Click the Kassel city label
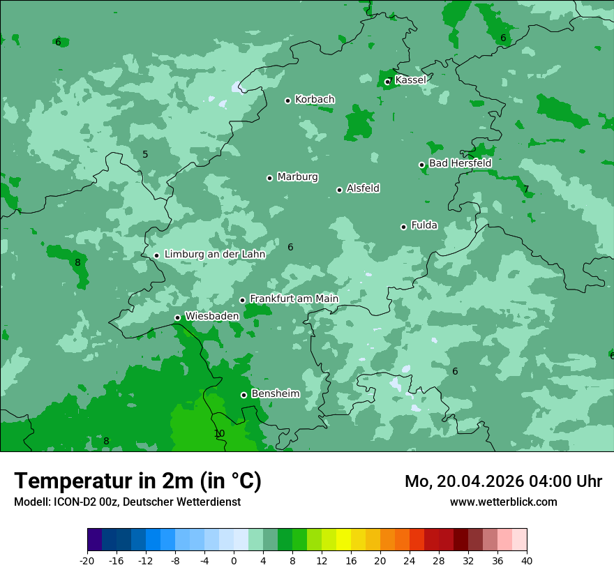point(410,80)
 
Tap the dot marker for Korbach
point(287,100)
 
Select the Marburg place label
point(297,177)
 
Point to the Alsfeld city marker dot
point(339,190)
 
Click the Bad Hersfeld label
point(460,163)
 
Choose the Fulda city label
point(424,225)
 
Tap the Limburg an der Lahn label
point(214,255)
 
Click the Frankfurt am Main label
point(294,299)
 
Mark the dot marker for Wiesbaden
point(177,317)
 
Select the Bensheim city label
point(275,393)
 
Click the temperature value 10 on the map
point(219,433)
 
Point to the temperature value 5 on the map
point(145,154)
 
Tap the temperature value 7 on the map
point(526,189)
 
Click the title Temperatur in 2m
point(137,481)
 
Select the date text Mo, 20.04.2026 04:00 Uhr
point(503,481)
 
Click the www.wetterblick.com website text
point(503,502)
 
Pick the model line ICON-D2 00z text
point(127,502)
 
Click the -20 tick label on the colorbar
point(87,560)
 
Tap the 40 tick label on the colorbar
point(527,560)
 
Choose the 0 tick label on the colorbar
point(234,560)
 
